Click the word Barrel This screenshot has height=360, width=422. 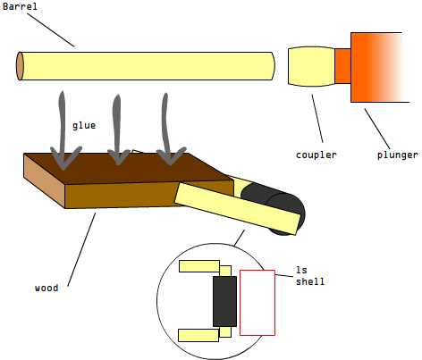click(20, 6)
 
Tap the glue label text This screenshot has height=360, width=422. click(84, 126)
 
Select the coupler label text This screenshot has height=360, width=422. click(316, 155)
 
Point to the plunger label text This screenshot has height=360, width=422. click(398, 155)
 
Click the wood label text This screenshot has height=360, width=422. click(46, 288)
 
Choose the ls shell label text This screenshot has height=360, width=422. click(310, 276)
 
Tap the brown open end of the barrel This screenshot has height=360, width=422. click(20, 66)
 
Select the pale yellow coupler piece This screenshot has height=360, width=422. click(311, 66)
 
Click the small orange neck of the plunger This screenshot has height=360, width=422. click(342, 66)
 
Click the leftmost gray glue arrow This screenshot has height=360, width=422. click(64, 131)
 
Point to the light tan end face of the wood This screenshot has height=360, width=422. click(45, 180)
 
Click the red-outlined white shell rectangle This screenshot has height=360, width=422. click(257, 303)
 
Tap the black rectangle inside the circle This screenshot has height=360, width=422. click(225, 301)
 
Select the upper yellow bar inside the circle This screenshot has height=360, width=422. click(199, 266)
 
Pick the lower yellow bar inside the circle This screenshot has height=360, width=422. click(198, 335)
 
